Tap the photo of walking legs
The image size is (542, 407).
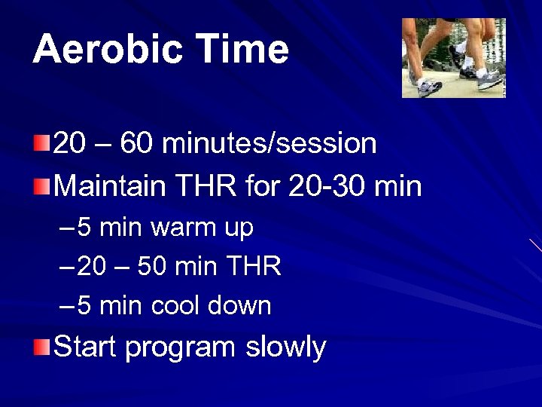[453, 58]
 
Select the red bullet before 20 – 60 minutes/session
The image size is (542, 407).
[42, 142]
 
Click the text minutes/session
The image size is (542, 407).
[269, 142]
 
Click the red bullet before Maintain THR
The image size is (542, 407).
[42, 185]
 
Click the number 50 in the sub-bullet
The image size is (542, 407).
[152, 266]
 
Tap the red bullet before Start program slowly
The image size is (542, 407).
[42, 347]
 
